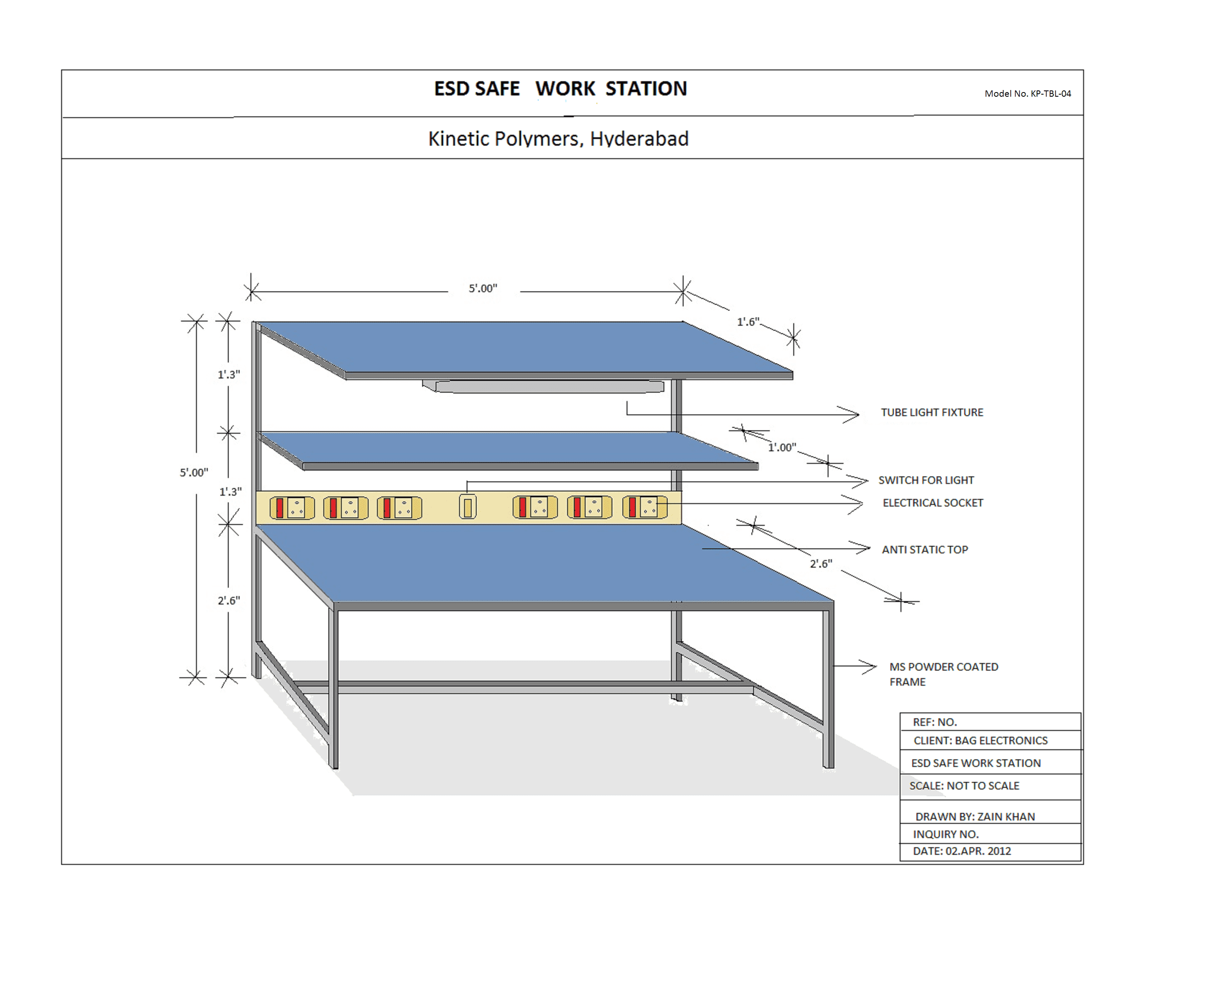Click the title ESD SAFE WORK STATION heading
[x=560, y=88]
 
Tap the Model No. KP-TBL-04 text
[x=1027, y=93]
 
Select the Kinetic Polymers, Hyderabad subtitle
[x=558, y=139]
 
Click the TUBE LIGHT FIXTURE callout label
[x=931, y=412]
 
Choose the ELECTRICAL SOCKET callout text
[x=932, y=503]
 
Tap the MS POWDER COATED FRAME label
[x=943, y=674]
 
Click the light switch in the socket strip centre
[x=467, y=507]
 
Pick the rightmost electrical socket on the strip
[x=644, y=507]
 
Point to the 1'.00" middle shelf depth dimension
[x=782, y=447]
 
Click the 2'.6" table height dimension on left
[x=229, y=600]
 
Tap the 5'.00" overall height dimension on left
[x=194, y=472]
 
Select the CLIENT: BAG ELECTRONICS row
[x=980, y=740]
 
